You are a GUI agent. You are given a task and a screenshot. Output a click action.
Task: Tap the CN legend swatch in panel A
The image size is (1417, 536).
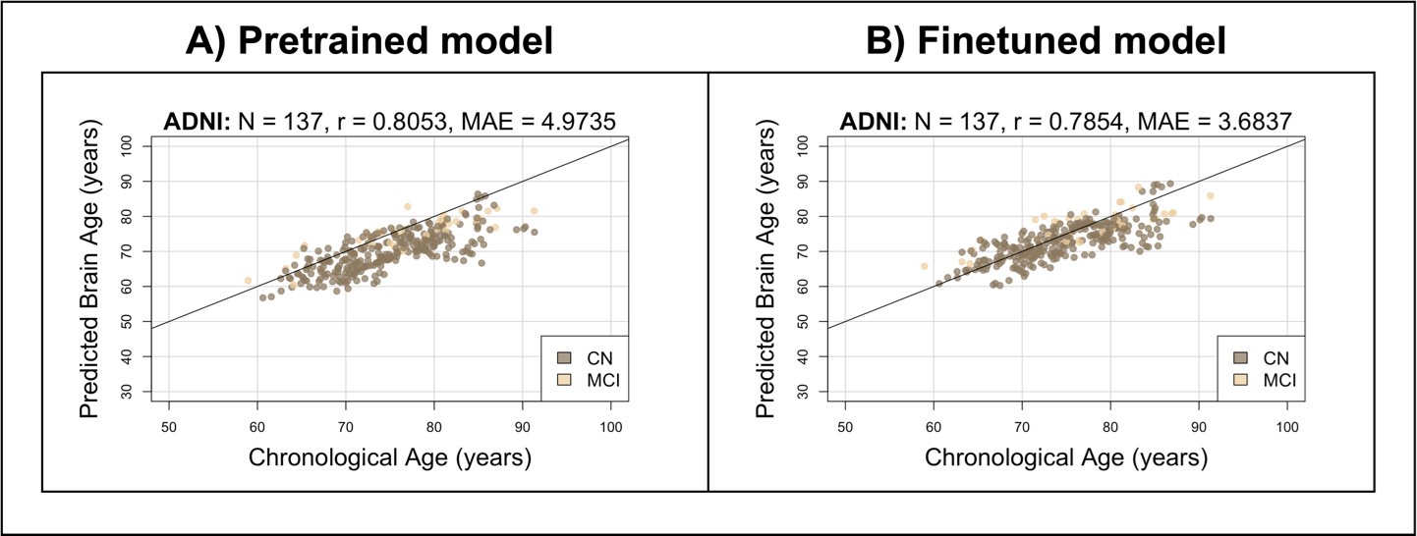tap(563, 356)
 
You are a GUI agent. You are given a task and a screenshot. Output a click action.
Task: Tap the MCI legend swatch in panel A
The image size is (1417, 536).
tap(563, 378)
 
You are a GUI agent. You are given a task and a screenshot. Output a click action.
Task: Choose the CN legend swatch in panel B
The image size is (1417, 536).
tap(1239, 356)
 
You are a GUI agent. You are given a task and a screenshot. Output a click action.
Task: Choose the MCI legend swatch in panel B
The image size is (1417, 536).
tap(1239, 378)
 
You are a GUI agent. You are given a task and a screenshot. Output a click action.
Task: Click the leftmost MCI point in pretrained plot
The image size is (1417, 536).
tap(249, 281)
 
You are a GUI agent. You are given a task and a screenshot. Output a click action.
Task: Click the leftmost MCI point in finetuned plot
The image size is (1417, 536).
tap(924, 266)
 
